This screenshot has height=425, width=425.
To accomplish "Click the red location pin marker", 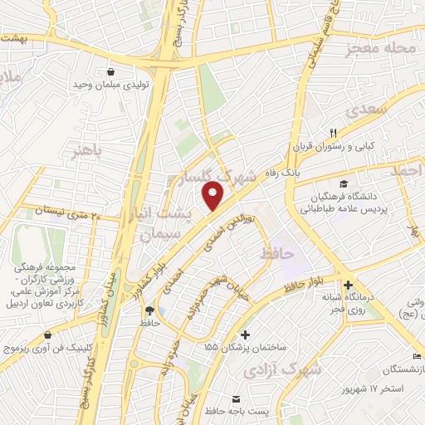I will [213, 195].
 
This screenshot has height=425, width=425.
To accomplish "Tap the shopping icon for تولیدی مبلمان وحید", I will [110, 71].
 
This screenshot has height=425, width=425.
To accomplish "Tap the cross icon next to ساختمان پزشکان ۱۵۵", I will [243, 333].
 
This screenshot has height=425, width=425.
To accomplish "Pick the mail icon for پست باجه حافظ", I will [236, 400].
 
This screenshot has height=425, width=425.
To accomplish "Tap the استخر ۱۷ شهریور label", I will [376, 388].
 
